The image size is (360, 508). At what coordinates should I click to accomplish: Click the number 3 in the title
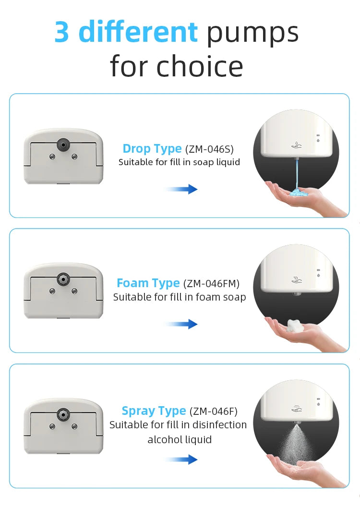[x=61, y=32]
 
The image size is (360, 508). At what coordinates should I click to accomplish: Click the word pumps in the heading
[x=252, y=34]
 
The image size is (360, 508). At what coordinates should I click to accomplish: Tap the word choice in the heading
[x=200, y=66]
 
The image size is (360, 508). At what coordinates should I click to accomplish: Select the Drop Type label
[x=152, y=148]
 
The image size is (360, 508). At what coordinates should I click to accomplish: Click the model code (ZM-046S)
[x=209, y=149]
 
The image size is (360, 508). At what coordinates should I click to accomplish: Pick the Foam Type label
[x=148, y=283]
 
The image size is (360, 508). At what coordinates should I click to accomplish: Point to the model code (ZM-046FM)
[x=211, y=283]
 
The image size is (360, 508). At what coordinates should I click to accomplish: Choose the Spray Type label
[x=154, y=411]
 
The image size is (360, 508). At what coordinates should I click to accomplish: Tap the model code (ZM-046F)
[x=213, y=411]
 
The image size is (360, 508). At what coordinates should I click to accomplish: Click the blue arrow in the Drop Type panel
[x=181, y=189]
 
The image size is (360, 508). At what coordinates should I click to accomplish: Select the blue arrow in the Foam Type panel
[x=181, y=324]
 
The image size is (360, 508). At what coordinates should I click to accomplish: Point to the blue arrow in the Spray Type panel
[x=181, y=459]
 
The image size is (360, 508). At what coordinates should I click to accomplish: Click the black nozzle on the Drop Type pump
[x=63, y=144]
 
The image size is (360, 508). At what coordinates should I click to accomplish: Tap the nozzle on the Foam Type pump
[x=63, y=279]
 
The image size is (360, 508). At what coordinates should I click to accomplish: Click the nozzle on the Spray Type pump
[x=63, y=414]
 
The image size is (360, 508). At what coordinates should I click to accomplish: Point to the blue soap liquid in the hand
[x=296, y=193]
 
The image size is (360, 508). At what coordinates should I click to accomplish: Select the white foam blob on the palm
[x=295, y=326]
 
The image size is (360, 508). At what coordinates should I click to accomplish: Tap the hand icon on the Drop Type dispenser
[x=296, y=145]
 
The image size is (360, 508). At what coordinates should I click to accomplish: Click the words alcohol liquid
[x=180, y=440]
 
